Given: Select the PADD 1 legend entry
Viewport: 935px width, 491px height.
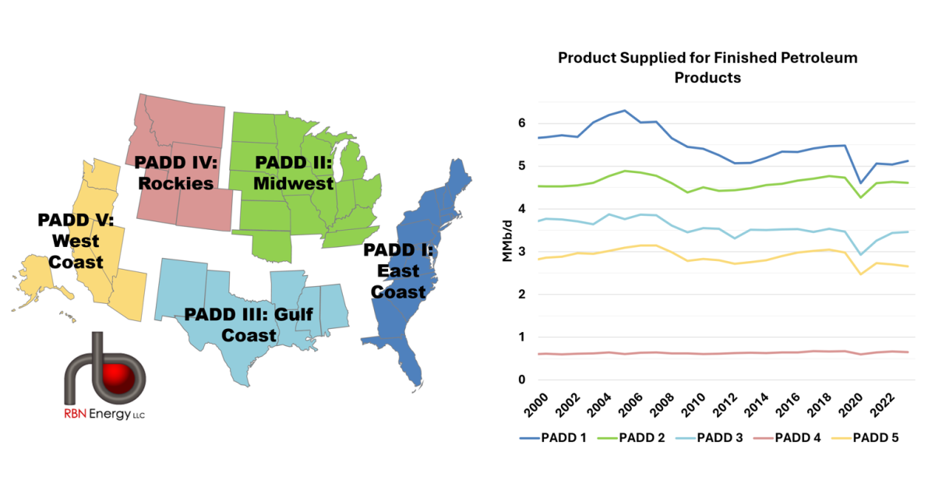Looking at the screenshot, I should (563, 438).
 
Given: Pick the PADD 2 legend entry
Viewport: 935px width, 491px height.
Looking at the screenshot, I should (640, 438).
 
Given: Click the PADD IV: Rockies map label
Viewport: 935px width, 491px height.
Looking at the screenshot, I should (177, 173).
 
